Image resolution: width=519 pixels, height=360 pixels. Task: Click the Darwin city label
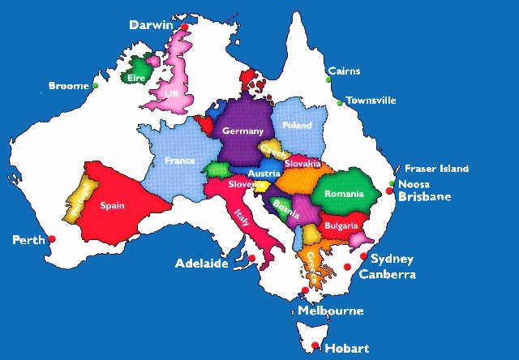(x=151, y=25)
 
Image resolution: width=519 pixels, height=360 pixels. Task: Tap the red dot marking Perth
(x=52, y=238)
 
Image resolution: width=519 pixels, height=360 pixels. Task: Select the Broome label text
(x=68, y=85)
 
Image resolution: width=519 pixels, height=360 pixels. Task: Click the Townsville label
(x=371, y=101)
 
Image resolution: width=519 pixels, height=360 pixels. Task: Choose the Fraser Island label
(x=436, y=169)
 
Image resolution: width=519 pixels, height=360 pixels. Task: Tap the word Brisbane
(x=425, y=197)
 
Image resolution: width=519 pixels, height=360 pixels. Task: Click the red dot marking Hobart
(x=315, y=346)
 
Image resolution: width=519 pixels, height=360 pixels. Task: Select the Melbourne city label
(x=330, y=311)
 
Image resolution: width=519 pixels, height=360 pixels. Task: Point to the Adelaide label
(x=202, y=264)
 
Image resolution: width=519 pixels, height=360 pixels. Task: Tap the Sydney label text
(x=392, y=259)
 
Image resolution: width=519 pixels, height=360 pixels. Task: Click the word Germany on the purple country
(x=242, y=131)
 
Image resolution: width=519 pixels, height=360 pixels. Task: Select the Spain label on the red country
(x=112, y=206)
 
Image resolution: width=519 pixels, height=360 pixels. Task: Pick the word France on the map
(x=179, y=161)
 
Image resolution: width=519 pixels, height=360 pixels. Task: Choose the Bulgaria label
(x=341, y=225)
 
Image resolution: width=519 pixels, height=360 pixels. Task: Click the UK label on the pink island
(x=171, y=94)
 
